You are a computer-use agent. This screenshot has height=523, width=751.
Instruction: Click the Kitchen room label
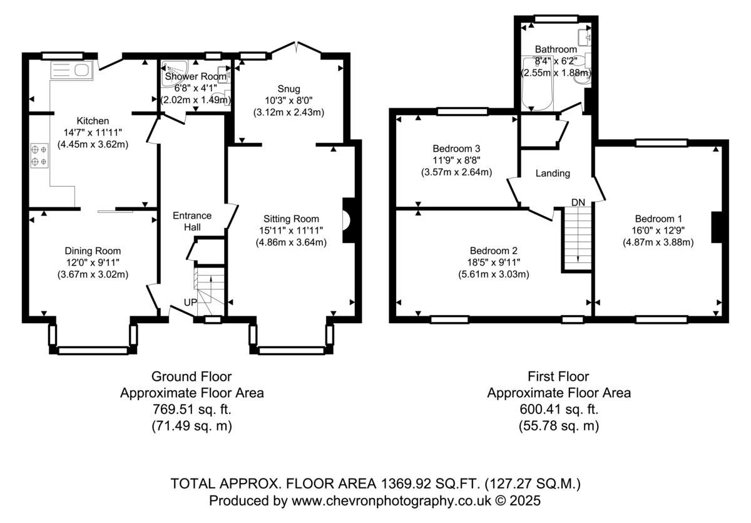tap(93, 121)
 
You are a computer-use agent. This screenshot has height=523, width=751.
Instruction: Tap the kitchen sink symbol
tap(71, 70)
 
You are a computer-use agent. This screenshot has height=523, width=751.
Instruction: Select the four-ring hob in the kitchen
tap(39, 155)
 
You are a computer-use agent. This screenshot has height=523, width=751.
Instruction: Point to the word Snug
tap(289, 89)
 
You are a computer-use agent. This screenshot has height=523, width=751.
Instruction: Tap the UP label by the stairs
tap(190, 303)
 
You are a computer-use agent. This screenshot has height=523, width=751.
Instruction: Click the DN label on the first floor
tap(578, 202)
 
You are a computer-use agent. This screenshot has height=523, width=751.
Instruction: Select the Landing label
tap(553, 173)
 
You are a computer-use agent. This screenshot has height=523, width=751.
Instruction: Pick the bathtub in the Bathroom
tap(537, 84)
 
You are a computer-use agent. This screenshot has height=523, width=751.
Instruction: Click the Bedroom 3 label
tap(456, 148)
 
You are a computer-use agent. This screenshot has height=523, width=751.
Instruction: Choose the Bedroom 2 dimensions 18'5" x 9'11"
tap(494, 262)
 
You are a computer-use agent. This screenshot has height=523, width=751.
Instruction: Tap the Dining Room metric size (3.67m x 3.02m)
tap(93, 274)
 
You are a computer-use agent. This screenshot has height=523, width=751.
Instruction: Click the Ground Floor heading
tap(192, 376)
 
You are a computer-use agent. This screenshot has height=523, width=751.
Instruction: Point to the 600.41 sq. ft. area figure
tap(559, 409)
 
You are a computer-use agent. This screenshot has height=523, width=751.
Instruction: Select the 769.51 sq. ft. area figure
tap(192, 409)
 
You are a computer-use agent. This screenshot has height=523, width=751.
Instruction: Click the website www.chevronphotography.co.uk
tap(391, 501)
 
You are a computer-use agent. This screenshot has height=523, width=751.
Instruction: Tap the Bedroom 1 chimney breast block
tap(716, 227)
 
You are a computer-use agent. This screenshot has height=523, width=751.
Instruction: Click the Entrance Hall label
tap(192, 221)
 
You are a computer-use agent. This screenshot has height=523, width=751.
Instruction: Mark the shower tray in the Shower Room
tap(174, 74)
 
